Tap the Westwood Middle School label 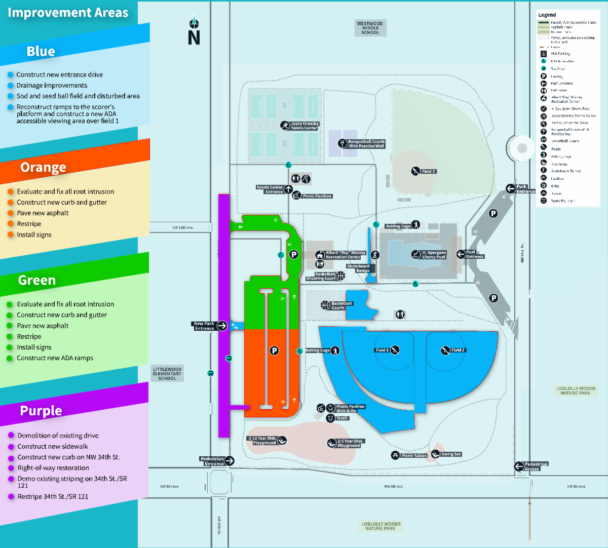tap(370, 28)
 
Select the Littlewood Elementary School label tap(167, 374)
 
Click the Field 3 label tap(428, 171)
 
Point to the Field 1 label tap(382, 350)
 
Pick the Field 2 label tap(458, 350)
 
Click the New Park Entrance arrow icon tap(222, 326)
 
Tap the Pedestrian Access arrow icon tap(519, 466)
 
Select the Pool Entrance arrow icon tap(461, 254)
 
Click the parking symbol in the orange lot tap(274, 350)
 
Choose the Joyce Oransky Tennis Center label tap(305, 126)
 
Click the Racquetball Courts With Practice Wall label tap(366, 144)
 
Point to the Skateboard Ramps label tap(358, 268)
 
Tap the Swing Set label tap(450, 454)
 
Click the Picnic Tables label tap(414, 456)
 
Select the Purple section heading tap(41, 411)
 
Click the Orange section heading tap(43, 167)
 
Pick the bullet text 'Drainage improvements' tap(52, 86)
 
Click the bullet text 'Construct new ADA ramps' tap(55, 358)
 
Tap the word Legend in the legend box tap(547, 15)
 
